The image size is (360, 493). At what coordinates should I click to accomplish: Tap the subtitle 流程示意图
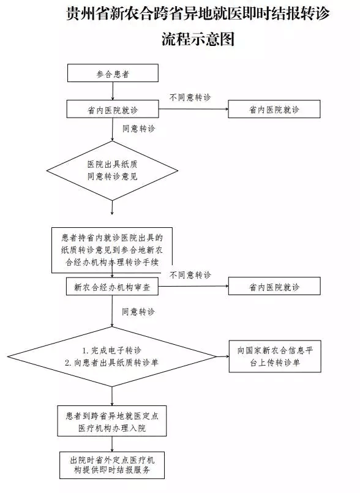(x=198, y=40)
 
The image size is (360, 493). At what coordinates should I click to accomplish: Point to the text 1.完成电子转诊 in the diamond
(x=112, y=350)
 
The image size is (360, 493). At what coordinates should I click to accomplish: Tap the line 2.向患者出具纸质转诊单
(x=112, y=363)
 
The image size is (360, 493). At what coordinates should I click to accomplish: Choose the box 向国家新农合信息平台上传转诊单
(x=274, y=356)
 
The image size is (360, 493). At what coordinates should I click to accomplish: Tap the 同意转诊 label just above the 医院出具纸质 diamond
(x=138, y=129)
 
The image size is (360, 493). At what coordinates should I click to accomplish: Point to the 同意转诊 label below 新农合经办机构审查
(x=138, y=312)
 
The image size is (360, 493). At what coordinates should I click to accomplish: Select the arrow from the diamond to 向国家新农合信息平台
(x=222, y=356)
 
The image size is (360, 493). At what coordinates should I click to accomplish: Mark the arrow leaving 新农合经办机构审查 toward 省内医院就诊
(x=193, y=287)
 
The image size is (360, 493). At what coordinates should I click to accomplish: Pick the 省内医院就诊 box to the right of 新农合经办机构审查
(x=274, y=287)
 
